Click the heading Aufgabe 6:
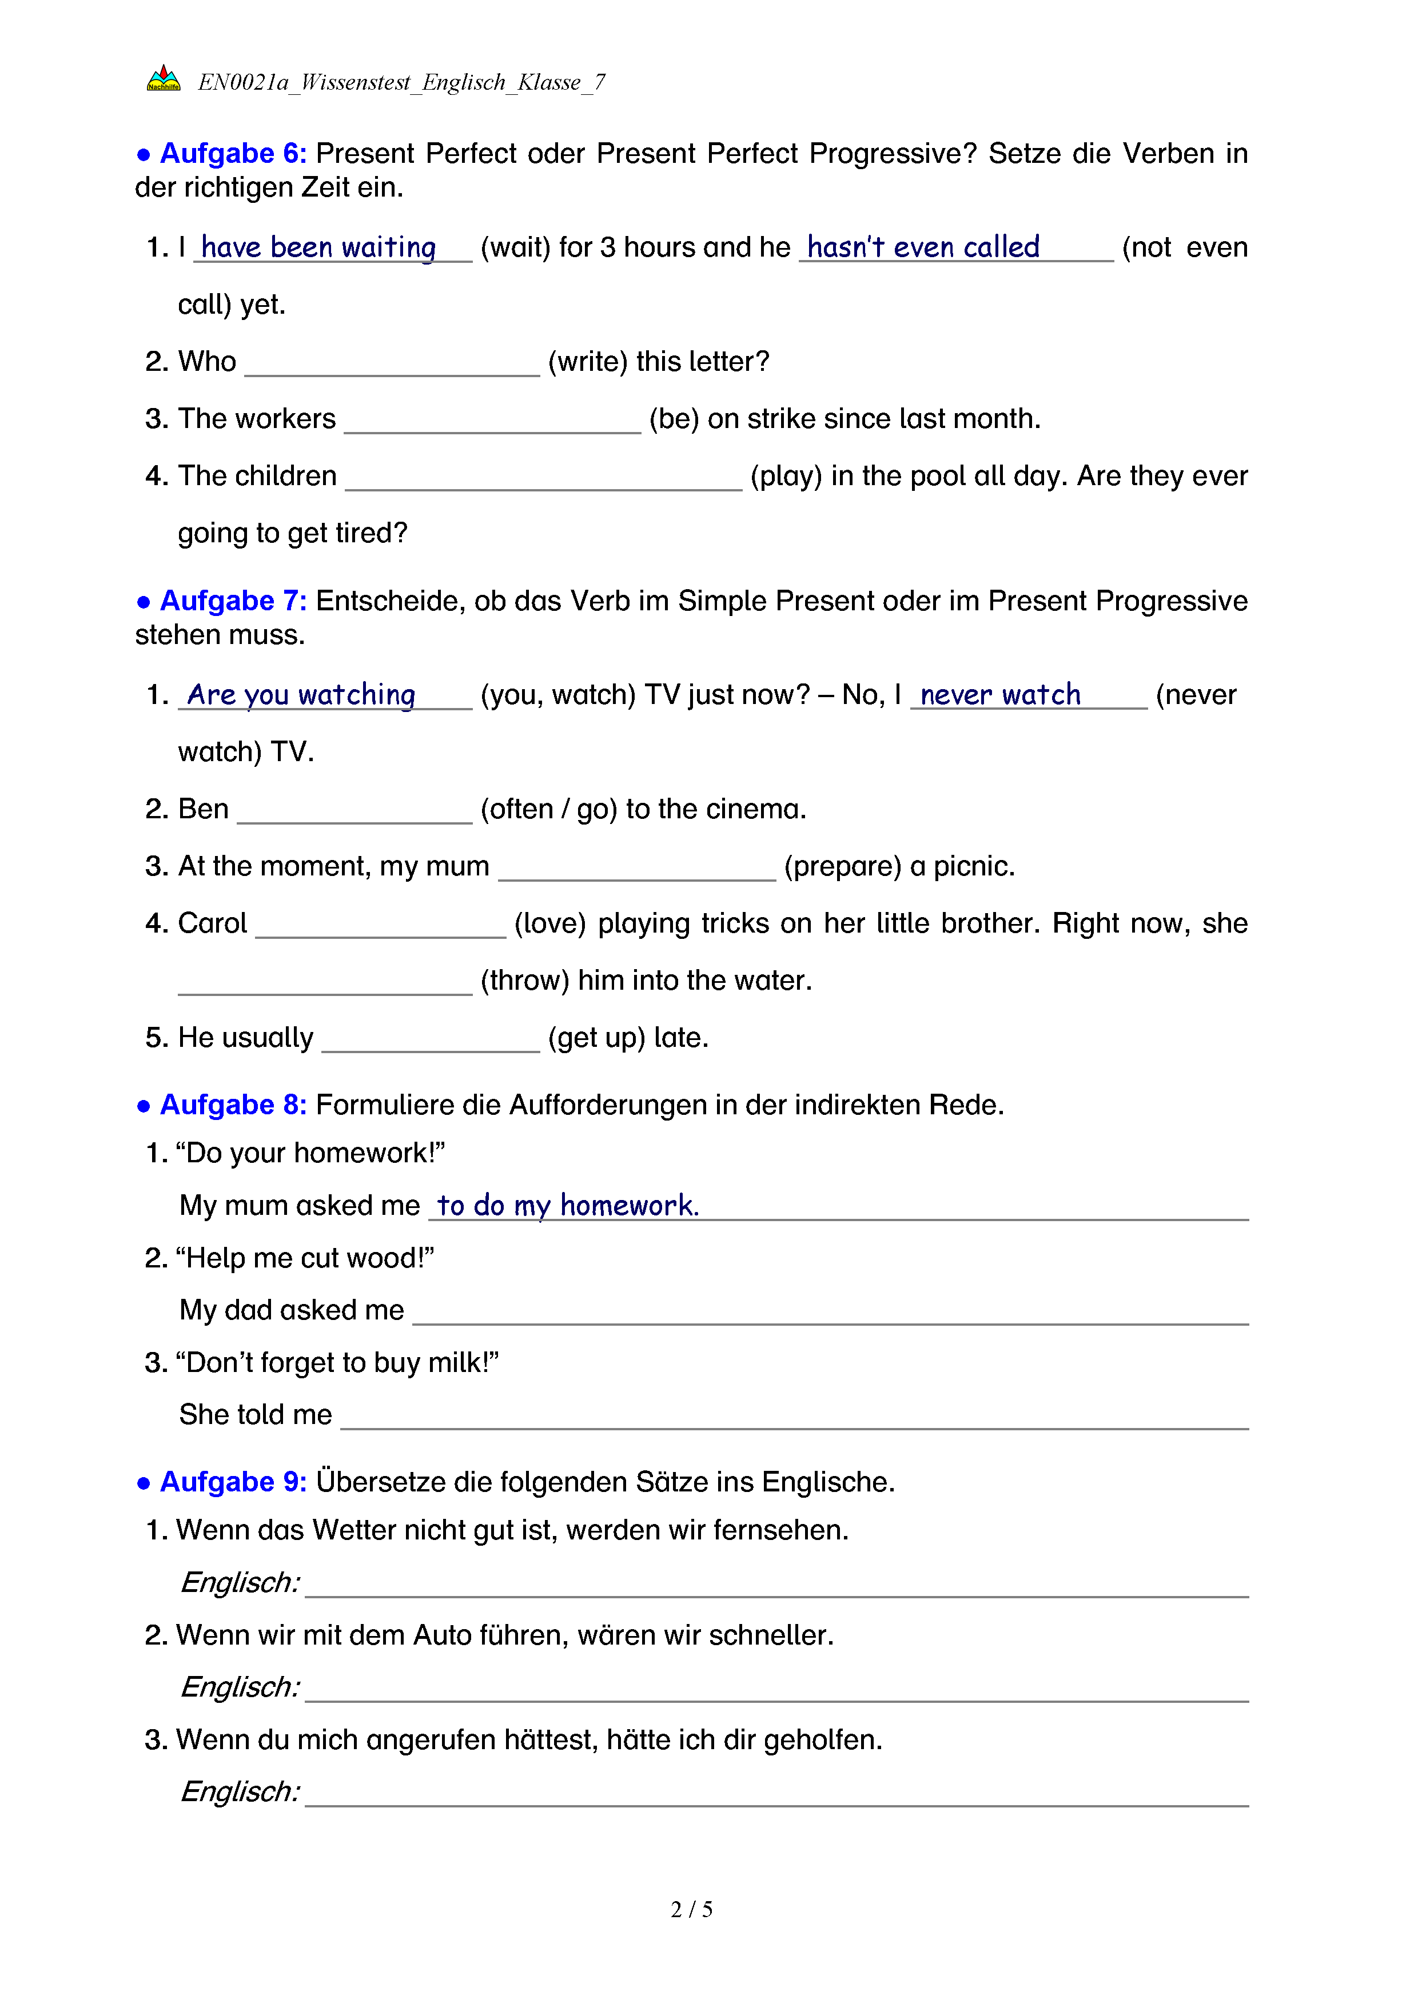pos(232,154)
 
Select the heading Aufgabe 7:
pos(232,601)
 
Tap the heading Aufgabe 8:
pos(232,1105)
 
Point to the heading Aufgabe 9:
pos(232,1482)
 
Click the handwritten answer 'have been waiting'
pos(318,248)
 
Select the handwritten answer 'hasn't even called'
pos(923,248)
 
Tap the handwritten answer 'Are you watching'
pos(301,695)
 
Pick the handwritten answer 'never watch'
pos(1000,695)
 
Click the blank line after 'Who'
pos(392,367)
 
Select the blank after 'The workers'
pos(492,423)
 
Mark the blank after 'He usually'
pos(431,1042)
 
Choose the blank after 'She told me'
pos(795,1419)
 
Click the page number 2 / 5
pos(691,1910)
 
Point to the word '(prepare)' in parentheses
pos(842,867)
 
